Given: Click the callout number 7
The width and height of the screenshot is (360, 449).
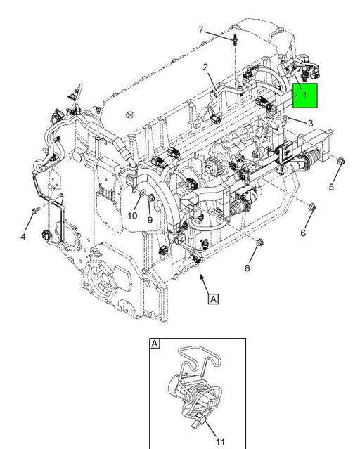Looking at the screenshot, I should click(x=200, y=30).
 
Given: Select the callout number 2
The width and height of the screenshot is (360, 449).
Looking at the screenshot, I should click(x=205, y=67).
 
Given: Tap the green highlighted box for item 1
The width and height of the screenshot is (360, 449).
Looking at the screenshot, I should click(x=306, y=96).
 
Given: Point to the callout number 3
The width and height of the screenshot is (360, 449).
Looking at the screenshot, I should click(x=310, y=123).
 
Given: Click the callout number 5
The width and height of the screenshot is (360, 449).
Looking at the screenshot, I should click(x=331, y=187).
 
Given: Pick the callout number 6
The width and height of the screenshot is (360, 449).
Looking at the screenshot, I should click(x=304, y=233).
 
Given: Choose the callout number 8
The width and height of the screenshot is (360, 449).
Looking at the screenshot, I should click(x=247, y=268).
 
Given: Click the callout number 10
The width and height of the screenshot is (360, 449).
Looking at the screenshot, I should click(x=132, y=216).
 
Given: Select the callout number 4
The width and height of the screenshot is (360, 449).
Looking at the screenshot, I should click(x=23, y=237).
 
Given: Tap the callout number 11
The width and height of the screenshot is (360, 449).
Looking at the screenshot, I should click(x=219, y=442).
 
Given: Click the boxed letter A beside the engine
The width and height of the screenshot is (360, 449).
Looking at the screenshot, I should click(x=213, y=299).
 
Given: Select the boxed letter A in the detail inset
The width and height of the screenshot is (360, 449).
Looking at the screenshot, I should click(x=155, y=344).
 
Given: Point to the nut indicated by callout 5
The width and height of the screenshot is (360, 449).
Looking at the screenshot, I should click(x=340, y=162).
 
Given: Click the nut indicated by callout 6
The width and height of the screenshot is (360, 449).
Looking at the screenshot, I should click(x=313, y=207).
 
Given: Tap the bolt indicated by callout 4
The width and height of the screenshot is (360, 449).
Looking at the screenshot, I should click(x=34, y=210).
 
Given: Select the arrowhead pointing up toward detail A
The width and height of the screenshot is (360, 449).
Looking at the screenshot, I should click(x=202, y=280).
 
